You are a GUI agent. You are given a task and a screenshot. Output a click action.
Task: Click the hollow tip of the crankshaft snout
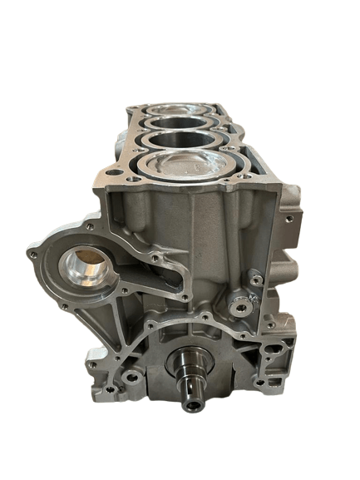click(x=194, y=405)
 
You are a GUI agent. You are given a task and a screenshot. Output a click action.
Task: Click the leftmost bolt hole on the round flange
click(x=33, y=253)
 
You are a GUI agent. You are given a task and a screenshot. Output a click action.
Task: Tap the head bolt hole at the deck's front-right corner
click(x=249, y=171)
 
